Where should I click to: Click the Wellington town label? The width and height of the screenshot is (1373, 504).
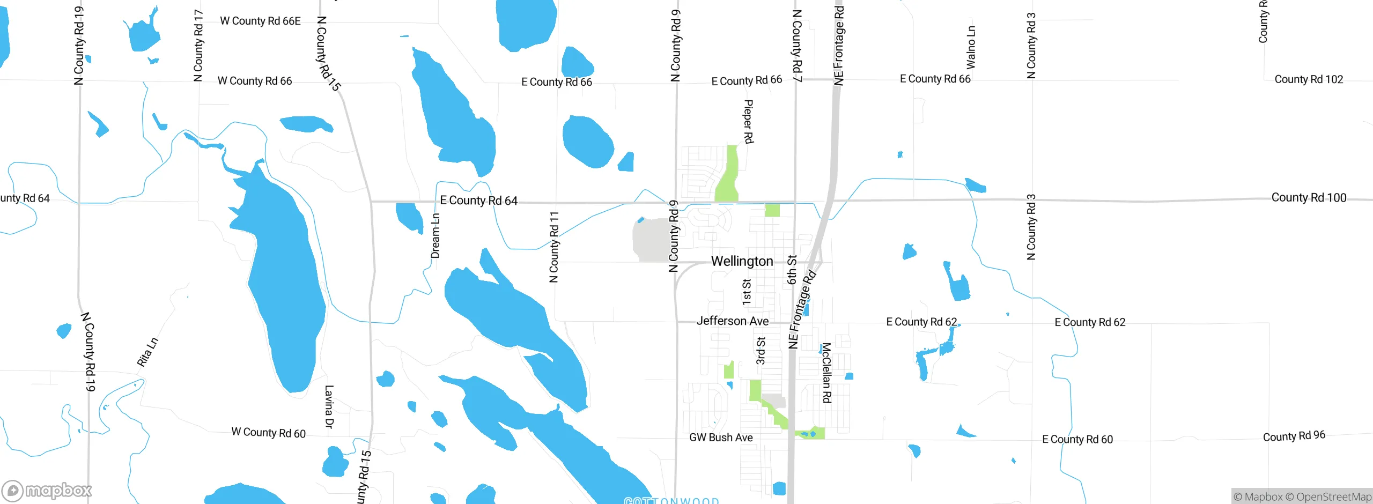point(742,261)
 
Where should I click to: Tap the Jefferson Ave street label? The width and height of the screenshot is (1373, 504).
point(732,321)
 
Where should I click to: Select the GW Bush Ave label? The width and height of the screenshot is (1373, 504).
point(721,438)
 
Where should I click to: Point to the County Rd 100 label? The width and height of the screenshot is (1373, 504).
point(1309,197)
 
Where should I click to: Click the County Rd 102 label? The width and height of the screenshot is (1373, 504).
point(1309,79)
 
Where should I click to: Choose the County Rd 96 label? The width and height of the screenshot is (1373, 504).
point(1294,436)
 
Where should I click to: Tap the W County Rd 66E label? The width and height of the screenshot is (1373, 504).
point(260,21)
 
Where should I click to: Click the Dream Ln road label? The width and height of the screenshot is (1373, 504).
point(435,236)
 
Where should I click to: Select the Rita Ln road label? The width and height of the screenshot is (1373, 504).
point(147,352)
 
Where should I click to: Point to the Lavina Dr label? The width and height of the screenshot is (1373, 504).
point(329,406)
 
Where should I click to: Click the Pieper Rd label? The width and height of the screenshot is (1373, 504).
point(749,122)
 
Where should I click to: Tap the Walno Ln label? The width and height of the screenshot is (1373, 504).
point(971,47)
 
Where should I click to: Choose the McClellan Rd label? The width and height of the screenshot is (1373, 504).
point(826,373)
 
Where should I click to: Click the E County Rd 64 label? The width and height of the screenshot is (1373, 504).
point(478,201)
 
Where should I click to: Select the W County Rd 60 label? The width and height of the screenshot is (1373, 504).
point(268,433)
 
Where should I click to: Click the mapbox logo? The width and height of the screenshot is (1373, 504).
point(47,490)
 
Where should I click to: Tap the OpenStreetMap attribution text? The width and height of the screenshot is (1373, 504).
point(1333,497)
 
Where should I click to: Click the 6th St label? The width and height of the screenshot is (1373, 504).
point(792,270)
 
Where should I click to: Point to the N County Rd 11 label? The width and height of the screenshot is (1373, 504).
point(554,247)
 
